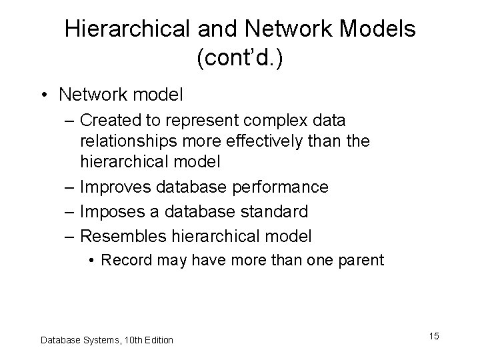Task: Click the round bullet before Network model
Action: [45, 95]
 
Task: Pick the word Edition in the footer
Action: [159, 340]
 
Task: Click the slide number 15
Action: [434, 336]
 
